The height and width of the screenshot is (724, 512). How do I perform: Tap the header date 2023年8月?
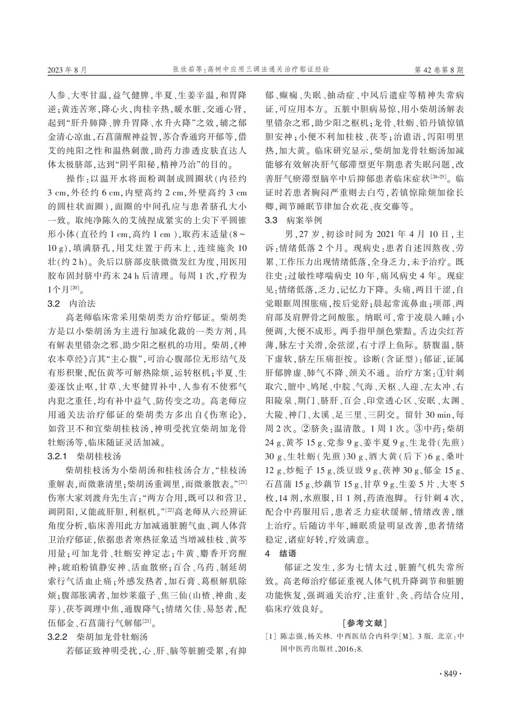click(67, 70)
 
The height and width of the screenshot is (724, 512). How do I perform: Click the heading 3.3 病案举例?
click(293, 220)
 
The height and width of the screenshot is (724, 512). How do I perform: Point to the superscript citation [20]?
click(75, 288)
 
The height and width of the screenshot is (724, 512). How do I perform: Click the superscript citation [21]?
click(243, 482)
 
